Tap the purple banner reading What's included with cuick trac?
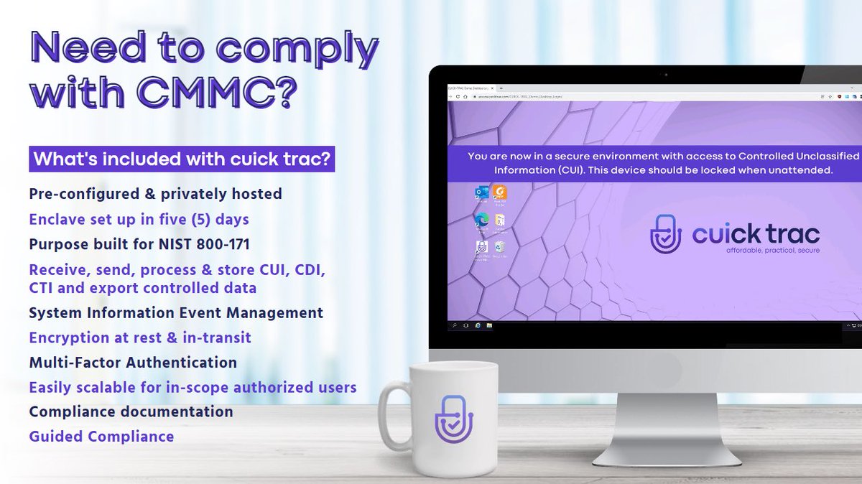[182, 159]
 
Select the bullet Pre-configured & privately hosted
[155, 194]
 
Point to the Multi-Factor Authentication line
[133, 363]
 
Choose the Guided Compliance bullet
[101, 437]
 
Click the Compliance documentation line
[131, 412]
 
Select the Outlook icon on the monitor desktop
[481, 192]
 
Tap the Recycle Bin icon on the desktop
[499, 248]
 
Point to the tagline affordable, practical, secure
[772, 251]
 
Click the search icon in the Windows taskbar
[455, 326]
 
